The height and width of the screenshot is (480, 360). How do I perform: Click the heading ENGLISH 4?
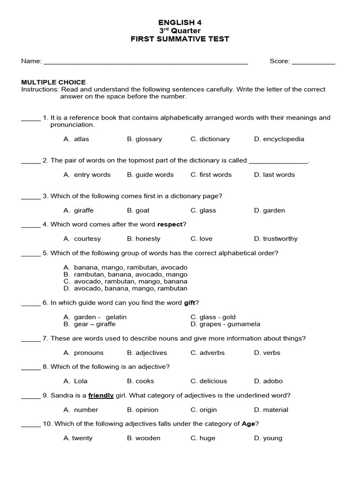point(180,22)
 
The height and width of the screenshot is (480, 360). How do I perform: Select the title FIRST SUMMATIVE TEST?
point(180,39)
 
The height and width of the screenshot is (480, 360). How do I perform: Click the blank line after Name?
point(145,62)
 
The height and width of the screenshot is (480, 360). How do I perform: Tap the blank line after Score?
point(314,62)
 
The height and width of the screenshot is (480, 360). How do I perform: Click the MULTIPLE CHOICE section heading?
point(53,82)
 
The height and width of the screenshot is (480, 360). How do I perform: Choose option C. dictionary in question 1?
point(210,139)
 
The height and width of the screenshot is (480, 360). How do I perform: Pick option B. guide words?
point(150,174)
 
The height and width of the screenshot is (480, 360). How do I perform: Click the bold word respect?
point(170,225)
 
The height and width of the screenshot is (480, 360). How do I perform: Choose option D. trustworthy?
point(276,239)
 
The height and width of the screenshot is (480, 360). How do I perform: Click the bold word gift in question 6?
point(189,303)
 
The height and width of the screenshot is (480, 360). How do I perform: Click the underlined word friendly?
point(101,395)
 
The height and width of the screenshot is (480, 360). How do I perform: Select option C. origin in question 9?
point(204,410)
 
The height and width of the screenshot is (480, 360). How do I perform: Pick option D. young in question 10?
point(268,438)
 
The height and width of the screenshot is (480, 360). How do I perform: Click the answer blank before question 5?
point(31,254)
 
